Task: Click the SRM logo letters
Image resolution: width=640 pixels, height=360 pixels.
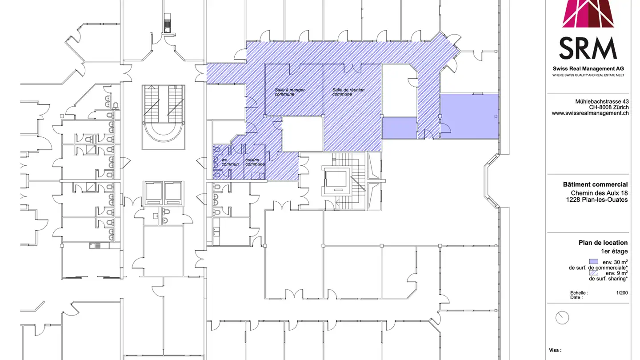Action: pos(588,48)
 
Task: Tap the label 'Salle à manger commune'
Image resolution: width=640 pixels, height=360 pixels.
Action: pos(290,92)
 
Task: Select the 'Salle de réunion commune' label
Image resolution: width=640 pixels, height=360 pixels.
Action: pos(348,92)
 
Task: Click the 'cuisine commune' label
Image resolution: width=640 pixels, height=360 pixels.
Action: pos(255,162)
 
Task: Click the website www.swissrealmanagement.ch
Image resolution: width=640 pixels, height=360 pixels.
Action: pos(590,113)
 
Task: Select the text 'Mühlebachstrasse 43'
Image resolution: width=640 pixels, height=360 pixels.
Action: pos(602,102)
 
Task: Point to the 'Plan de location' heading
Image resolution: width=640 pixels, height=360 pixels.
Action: pos(603,243)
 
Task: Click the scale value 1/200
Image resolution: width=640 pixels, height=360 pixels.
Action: pos(622,293)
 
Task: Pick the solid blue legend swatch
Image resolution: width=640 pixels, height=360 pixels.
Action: pos(593,262)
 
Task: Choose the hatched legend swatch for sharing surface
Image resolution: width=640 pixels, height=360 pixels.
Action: pos(593,273)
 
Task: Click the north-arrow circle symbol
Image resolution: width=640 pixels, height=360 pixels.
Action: pos(562,317)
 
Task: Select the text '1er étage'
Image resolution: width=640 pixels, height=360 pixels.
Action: pos(614,252)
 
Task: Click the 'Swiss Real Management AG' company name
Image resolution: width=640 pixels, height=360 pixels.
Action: pos(588,68)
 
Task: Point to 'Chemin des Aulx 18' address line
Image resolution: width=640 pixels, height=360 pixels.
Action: pos(599,193)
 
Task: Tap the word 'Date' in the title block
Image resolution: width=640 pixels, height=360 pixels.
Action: pos(576,298)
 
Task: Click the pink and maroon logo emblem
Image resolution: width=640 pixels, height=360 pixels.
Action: pos(588,14)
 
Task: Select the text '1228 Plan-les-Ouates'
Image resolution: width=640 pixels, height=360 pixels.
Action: pos(597,200)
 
